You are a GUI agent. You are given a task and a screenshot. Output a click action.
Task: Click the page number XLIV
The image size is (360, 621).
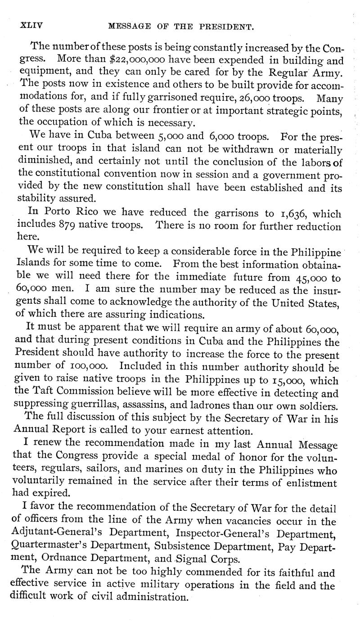pyautogui.click(x=31, y=26)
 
